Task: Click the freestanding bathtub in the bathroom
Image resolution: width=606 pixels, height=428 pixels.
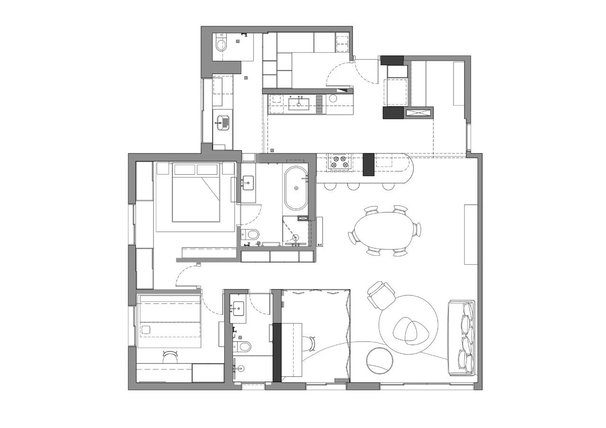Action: pyautogui.click(x=296, y=188)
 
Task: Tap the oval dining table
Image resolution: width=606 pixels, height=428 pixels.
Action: pyautogui.click(x=384, y=231)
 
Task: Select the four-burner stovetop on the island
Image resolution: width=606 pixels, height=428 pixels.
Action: pyautogui.click(x=341, y=161)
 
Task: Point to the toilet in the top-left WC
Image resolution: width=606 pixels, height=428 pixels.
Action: pyautogui.click(x=221, y=45)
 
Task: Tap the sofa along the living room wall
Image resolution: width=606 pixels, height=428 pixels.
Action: pyautogui.click(x=462, y=338)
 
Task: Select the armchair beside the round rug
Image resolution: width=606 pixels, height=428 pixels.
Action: pyautogui.click(x=382, y=294)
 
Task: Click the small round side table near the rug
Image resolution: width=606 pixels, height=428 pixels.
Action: pyautogui.click(x=380, y=361)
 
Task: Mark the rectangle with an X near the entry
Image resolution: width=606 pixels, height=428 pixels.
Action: pyautogui.click(x=419, y=112)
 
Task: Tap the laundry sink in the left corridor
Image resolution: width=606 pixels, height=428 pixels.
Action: pyautogui.click(x=223, y=123)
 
